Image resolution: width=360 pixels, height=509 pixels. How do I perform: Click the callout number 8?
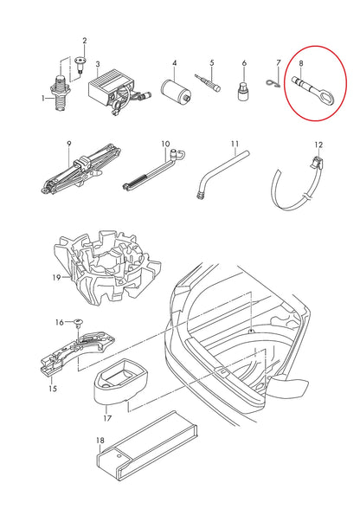[x=301, y=62]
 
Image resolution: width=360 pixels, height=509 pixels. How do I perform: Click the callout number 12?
[x=318, y=145]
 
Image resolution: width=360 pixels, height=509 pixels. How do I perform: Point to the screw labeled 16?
[x=81, y=325]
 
